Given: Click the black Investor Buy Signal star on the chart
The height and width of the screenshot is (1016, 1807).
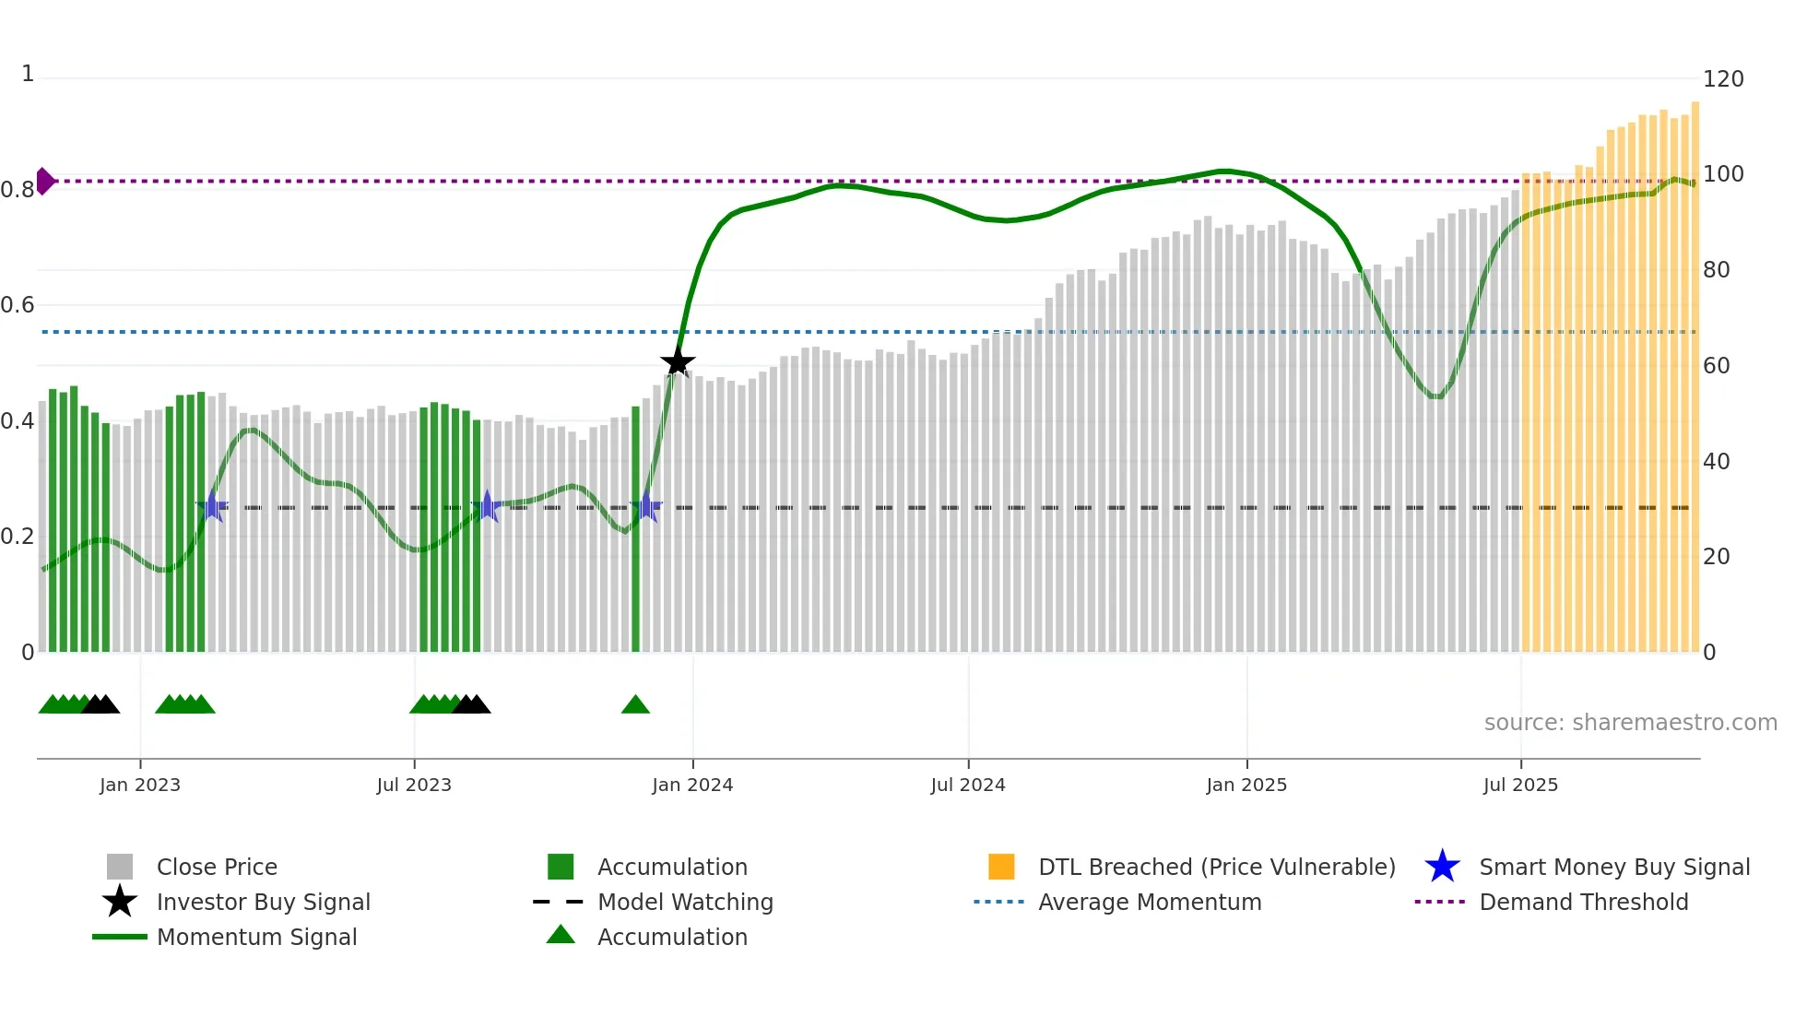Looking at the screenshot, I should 678,362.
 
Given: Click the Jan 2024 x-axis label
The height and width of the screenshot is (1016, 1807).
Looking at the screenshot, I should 692,785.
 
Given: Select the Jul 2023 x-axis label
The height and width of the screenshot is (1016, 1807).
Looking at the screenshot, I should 414,785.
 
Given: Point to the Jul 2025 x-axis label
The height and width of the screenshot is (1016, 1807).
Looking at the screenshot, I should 1520,785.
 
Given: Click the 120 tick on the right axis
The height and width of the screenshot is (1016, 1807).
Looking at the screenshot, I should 1722,79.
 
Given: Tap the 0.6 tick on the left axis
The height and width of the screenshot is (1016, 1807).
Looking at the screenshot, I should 18,305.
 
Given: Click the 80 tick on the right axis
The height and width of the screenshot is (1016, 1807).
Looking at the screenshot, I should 1716,270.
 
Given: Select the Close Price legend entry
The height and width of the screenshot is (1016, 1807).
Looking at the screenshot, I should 217,867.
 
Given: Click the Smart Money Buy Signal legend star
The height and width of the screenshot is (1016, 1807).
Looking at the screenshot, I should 1442,867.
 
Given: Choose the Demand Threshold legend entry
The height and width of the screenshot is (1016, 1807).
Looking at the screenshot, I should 1583,902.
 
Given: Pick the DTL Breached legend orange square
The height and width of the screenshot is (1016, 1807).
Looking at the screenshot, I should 1001,867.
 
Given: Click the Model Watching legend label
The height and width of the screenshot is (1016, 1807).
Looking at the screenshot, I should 685,902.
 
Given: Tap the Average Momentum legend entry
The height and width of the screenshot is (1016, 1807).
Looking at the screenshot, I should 1150,902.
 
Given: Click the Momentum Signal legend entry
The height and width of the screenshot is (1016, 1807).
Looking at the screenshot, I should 256,937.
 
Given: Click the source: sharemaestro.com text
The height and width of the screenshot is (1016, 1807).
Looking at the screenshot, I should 1630,722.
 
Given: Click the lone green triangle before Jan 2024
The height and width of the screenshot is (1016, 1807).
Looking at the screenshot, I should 635,705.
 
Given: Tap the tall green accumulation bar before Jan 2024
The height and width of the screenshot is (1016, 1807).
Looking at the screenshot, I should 635,529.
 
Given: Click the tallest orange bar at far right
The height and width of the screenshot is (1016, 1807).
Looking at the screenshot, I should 1695,378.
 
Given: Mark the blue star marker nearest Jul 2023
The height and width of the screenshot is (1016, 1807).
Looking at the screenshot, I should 488,506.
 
